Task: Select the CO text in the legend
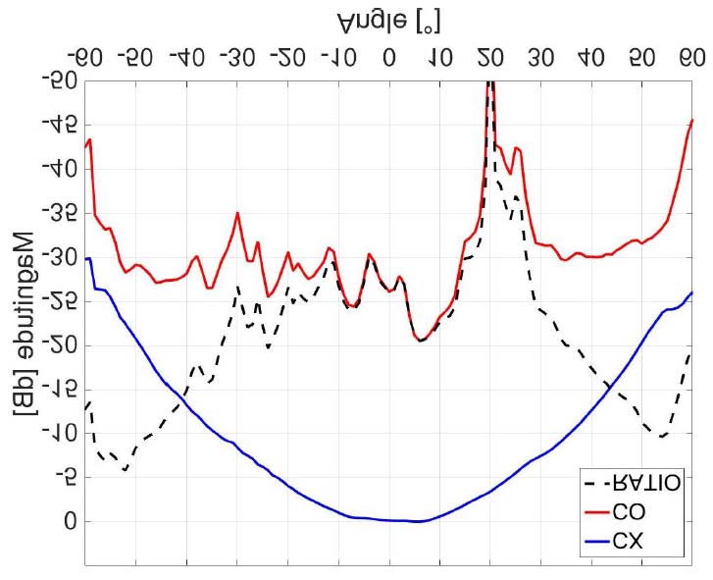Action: (629, 510)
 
